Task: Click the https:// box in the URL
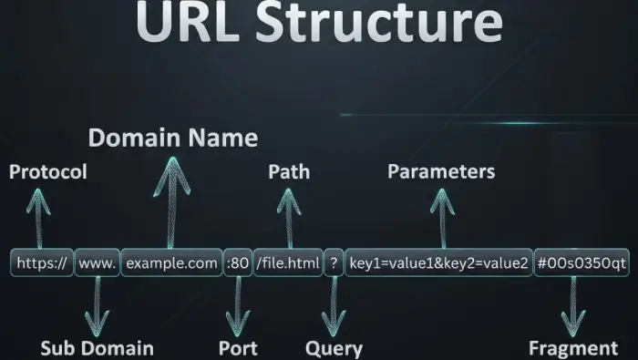tap(42, 264)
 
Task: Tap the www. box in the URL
tap(97, 264)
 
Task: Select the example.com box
tap(171, 264)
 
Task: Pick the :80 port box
tap(237, 264)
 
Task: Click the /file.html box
tap(288, 264)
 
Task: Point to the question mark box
tap(334, 264)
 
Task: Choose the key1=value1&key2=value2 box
tap(439, 264)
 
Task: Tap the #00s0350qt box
tap(581, 264)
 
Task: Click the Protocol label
tap(48, 172)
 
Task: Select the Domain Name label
tap(172, 139)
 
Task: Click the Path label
tap(289, 171)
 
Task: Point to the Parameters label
tap(441, 171)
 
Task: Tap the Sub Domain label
tap(97, 348)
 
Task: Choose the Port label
tap(238, 348)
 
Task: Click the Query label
tap(334, 348)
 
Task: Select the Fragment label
tap(573, 348)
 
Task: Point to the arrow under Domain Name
tap(171, 201)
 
